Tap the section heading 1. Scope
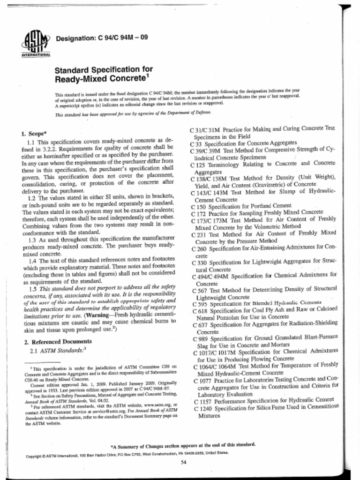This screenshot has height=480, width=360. (x=35, y=133)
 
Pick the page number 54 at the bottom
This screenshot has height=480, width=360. (x=183, y=462)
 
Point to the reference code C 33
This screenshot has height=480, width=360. (x=197, y=143)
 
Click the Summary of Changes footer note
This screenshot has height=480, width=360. (x=183, y=444)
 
